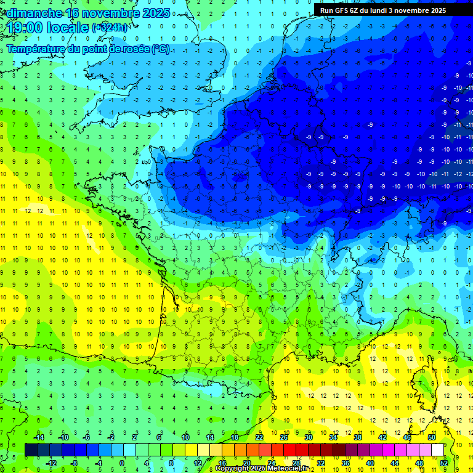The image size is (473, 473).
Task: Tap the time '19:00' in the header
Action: pos(28,28)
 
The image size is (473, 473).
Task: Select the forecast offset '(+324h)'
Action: pos(110,28)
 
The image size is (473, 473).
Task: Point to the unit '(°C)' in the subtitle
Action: pos(159,49)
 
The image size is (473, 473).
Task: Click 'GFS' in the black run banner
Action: pos(343,10)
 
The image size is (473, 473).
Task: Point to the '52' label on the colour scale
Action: pos(443,463)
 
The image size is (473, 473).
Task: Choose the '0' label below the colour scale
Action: pos(122,463)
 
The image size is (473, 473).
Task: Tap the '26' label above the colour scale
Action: pos(284,437)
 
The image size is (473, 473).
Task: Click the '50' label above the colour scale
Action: pos(431,437)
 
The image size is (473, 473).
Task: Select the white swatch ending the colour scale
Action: pos(437,450)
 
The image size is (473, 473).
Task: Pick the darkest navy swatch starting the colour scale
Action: pos(31,450)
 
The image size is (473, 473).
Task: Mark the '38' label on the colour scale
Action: pos(357,437)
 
